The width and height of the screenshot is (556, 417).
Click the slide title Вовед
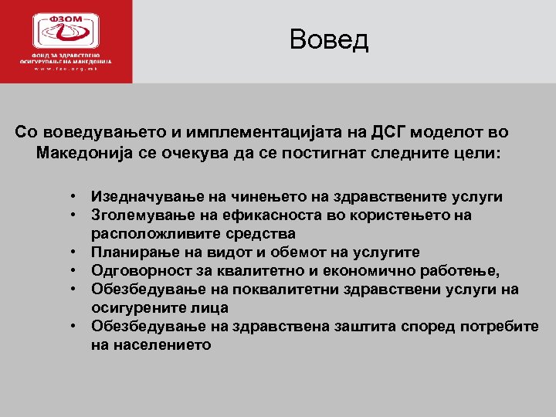(x=329, y=39)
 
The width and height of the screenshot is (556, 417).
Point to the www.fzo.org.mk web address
(x=66, y=69)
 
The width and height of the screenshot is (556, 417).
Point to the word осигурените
(x=135, y=308)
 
